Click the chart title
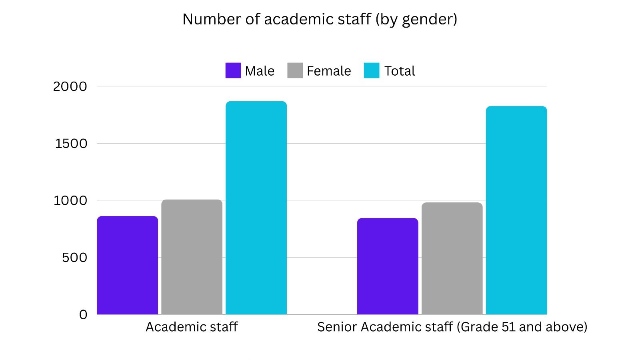pyautogui.click(x=320, y=19)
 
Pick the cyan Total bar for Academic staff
pyautogui.click(x=256, y=208)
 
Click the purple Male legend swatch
pyautogui.click(x=233, y=70)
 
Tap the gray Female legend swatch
pyautogui.click(x=295, y=70)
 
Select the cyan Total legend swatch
pyautogui.click(x=371, y=70)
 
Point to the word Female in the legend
pyautogui.click(x=329, y=71)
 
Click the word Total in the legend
pyautogui.click(x=400, y=71)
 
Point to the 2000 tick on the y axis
pyautogui.click(x=70, y=86)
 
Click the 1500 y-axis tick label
pyautogui.click(x=71, y=144)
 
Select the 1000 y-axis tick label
pyautogui.click(x=70, y=200)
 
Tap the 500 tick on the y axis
pyautogui.click(x=74, y=258)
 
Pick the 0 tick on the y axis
pyautogui.click(x=83, y=315)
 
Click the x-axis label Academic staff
pyautogui.click(x=192, y=327)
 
